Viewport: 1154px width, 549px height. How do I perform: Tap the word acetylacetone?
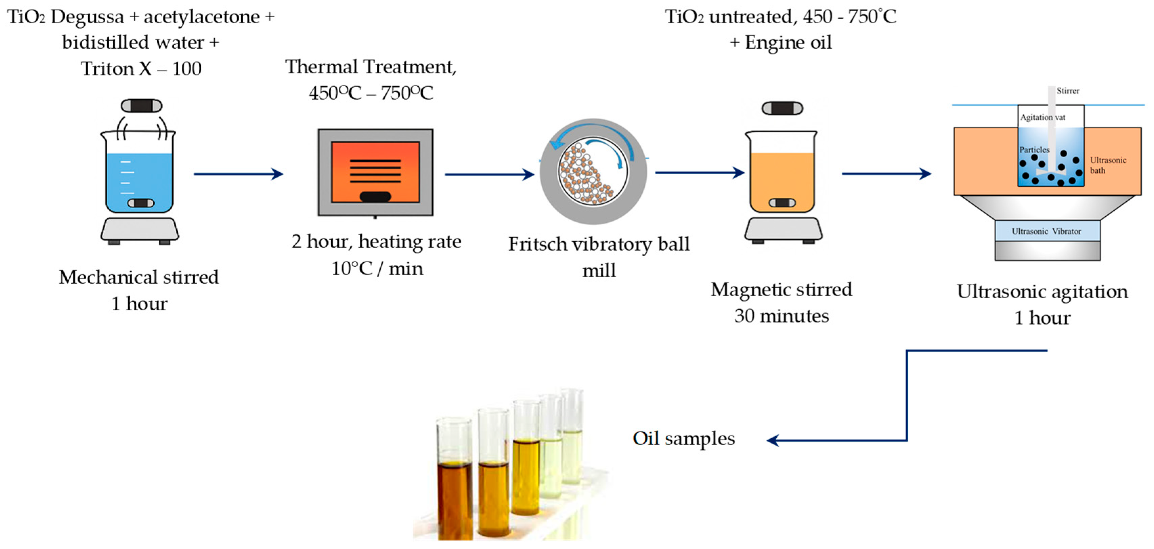[202, 17]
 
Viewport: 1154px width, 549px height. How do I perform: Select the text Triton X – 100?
[141, 69]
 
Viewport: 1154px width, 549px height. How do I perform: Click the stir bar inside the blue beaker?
[141, 203]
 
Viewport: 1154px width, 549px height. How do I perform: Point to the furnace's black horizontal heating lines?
[375, 171]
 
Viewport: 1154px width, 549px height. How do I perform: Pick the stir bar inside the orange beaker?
[782, 202]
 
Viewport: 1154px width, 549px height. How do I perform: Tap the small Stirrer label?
[1068, 91]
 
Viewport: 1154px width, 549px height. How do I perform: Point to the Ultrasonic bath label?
[1108, 165]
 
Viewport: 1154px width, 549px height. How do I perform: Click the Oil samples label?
[684, 439]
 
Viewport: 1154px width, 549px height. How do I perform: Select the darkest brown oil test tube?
[455, 498]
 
